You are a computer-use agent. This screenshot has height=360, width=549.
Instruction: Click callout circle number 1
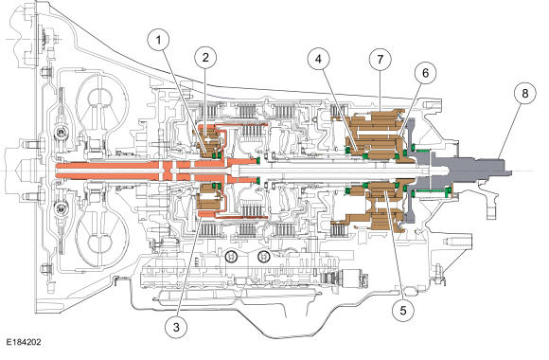coord(158,41)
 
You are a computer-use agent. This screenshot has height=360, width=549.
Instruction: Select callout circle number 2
coord(205,58)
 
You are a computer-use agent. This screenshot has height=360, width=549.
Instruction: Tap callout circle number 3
coord(176,327)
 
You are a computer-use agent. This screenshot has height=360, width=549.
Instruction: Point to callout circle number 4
coord(318,59)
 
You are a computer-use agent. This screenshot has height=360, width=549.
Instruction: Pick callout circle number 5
coord(403,310)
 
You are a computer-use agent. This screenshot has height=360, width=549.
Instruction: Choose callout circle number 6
coord(425,73)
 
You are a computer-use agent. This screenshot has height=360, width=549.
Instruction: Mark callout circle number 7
coord(381,60)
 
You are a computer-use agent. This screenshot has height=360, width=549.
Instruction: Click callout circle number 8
coord(524,93)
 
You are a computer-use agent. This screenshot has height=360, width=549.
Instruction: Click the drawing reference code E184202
coord(23,342)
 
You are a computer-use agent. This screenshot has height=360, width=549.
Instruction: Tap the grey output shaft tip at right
coord(508,172)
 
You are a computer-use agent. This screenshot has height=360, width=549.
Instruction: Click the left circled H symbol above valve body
coord(231,257)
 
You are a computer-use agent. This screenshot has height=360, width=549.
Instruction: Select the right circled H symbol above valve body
coord(263,257)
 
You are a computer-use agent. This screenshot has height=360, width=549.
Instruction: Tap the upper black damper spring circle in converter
coord(61,133)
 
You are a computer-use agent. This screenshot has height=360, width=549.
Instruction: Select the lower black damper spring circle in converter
coord(61,209)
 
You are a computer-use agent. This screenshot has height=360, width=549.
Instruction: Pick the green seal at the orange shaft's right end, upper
coord(258,160)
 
